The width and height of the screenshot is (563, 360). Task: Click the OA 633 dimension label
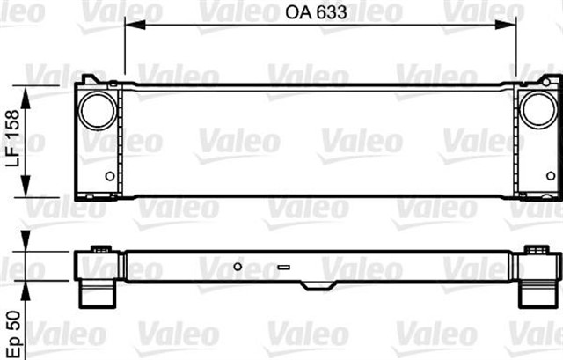pyautogui.click(x=319, y=12)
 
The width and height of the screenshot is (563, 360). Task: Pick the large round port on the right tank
pyautogui.click(x=535, y=111)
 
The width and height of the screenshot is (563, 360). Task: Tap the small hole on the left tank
pyautogui.click(x=110, y=176)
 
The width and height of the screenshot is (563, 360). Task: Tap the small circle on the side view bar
pyautogui.click(x=238, y=265)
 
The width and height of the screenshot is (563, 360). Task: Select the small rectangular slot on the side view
pyautogui.click(x=283, y=266)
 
